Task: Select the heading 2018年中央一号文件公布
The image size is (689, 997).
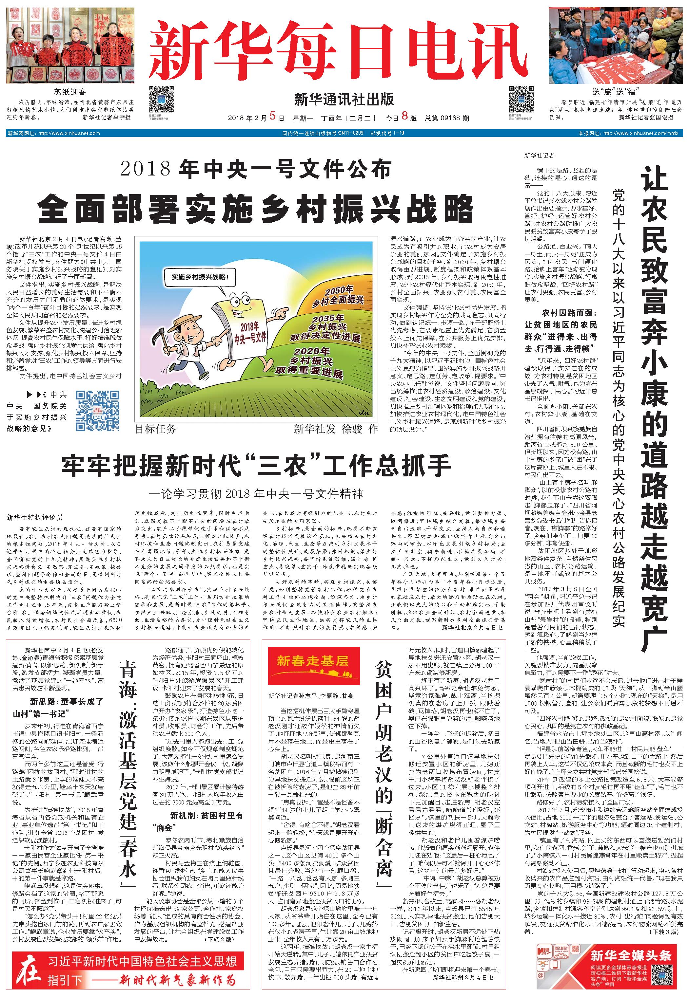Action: pyautogui.click(x=256, y=169)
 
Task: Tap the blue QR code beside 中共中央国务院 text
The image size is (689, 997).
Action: pyautogui.click(x=98, y=410)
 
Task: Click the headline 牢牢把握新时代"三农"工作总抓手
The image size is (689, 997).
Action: pyautogui.click(x=256, y=466)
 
